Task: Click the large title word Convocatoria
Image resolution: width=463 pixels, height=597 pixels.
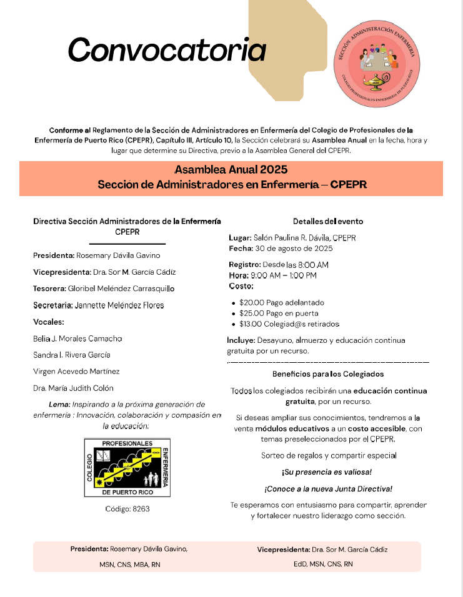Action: pyautogui.click(x=167, y=49)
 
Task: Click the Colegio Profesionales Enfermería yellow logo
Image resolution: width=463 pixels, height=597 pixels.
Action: pyautogui.click(x=127, y=468)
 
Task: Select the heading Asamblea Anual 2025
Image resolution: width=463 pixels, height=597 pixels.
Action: pyautogui.click(x=231, y=170)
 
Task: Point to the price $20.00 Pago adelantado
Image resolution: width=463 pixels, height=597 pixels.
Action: pyautogui.click(x=281, y=302)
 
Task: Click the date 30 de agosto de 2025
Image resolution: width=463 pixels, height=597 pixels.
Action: pyautogui.click(x=293, y=248)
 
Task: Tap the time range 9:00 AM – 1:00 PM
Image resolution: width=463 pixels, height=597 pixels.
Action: pyautogui.click(x=283, y=275)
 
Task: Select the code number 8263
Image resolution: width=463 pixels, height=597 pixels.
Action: pyautogui.click(x=141, y=509)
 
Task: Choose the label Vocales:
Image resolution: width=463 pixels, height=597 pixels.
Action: pyautogui.click(x=49, y=322)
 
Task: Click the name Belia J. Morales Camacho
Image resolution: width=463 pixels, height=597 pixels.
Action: pyautogui.click(x=77, y=338)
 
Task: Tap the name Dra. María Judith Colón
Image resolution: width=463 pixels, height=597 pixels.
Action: pyautogui.click(x=73, y=388)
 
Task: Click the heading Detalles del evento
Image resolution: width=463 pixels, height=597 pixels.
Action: pyautogui.click(x=327, y=221)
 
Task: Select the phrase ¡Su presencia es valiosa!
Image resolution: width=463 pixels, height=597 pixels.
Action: pyautogui.click(x=327, y=472)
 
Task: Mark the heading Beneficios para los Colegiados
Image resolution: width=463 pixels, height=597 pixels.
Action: pyautogui.click(x=327, y=374)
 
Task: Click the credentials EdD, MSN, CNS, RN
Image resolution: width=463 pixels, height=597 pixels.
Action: pyautogui.click(x=323, y=564)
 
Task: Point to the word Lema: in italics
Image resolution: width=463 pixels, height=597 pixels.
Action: pyautogui.click(x=60, y=404)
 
